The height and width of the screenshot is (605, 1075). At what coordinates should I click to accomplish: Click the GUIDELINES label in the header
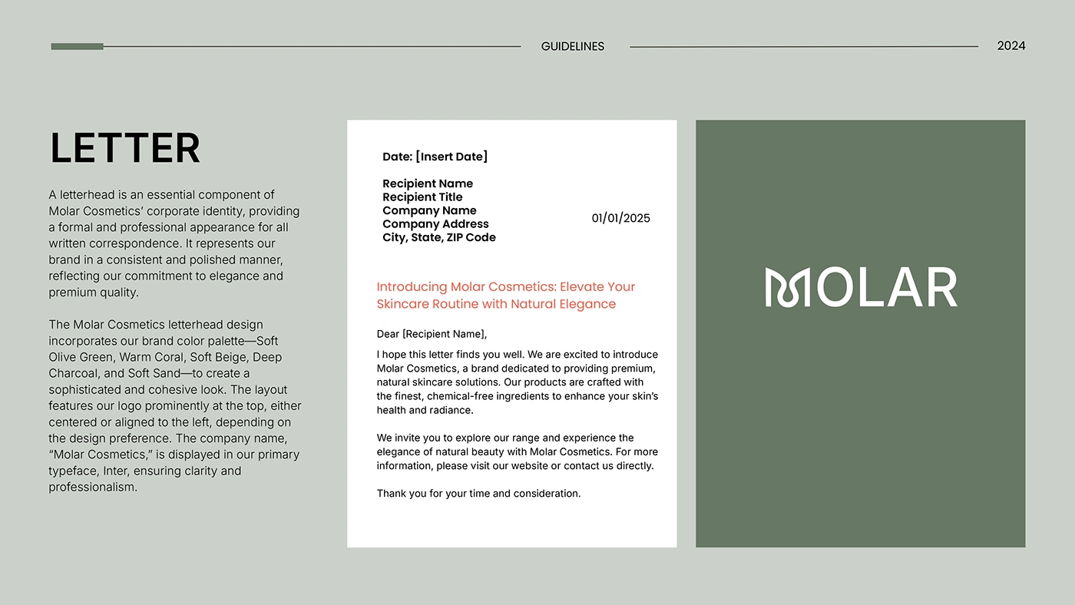click(572, 47)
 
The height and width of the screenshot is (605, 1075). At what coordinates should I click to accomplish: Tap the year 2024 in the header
click(1011, 46)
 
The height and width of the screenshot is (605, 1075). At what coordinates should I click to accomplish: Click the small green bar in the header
click(77, 47)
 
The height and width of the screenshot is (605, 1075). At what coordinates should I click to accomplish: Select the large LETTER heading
click(125, 148)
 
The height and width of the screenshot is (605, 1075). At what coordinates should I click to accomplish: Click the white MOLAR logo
click(861, 288)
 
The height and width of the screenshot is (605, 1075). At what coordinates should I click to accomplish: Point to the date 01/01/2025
click(620, 218)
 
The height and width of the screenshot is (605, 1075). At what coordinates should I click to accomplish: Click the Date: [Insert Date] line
click(435, 157)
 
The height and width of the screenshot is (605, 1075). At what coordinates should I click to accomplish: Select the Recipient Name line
click(428, 183)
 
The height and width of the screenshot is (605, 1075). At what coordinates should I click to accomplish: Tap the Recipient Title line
click(422, 197)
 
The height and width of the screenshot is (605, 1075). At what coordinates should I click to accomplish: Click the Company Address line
click(435, 224)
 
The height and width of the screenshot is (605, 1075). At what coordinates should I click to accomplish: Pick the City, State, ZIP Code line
click(439, 237)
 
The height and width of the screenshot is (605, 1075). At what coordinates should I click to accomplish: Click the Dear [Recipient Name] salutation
click(432, 334)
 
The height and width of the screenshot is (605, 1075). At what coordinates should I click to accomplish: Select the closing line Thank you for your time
click(478, 494)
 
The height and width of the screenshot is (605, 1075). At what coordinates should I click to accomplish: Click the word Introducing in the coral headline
click(412, 287)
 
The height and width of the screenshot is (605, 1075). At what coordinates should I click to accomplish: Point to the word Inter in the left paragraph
click(105, 471)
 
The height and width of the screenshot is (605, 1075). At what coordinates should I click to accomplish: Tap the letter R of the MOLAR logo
click(939, 288)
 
